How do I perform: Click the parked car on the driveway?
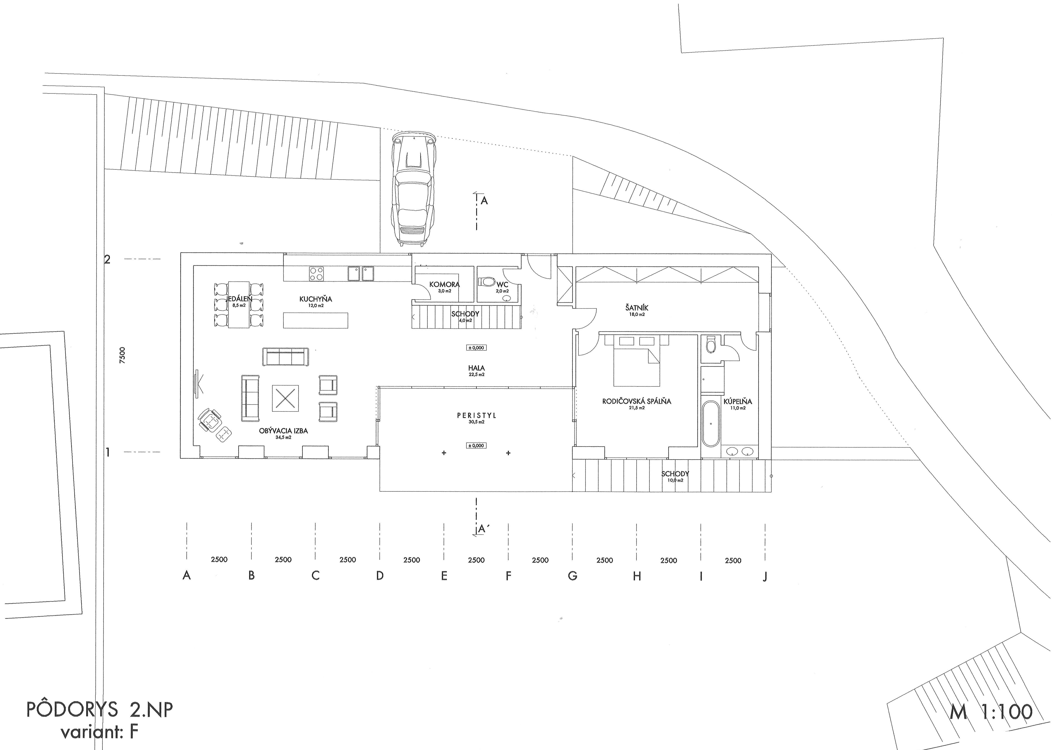point(414,190)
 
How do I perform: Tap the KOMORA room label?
point(444,284)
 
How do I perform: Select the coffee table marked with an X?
point(285,398)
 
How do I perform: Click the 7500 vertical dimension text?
point(122,356)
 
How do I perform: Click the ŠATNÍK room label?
point(637,307)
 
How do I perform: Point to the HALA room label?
point(476,368)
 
